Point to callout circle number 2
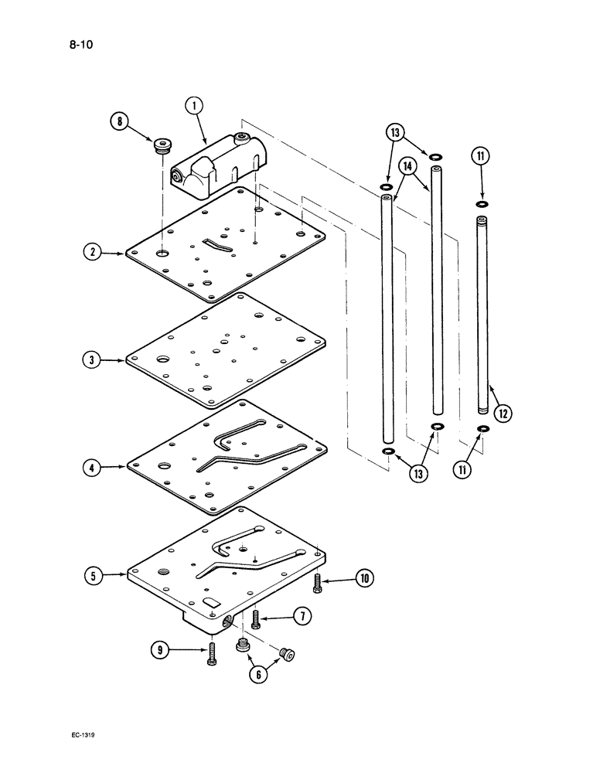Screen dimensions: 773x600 pyautogui.click(x=92, y=253)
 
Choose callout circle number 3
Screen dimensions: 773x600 pyautogui.click(x=92, y=360)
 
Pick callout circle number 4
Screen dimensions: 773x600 pyautogui.click(x=92, y=467)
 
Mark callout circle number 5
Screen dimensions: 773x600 pyautogui.click(x=92, y=574)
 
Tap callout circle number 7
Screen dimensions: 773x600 pyautogui.click(x=302, y=616)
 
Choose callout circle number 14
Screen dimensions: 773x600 pyautogui.click(x=407, y=166)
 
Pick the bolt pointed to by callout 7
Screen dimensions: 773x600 pyautogui.click(x=256, y=618)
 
